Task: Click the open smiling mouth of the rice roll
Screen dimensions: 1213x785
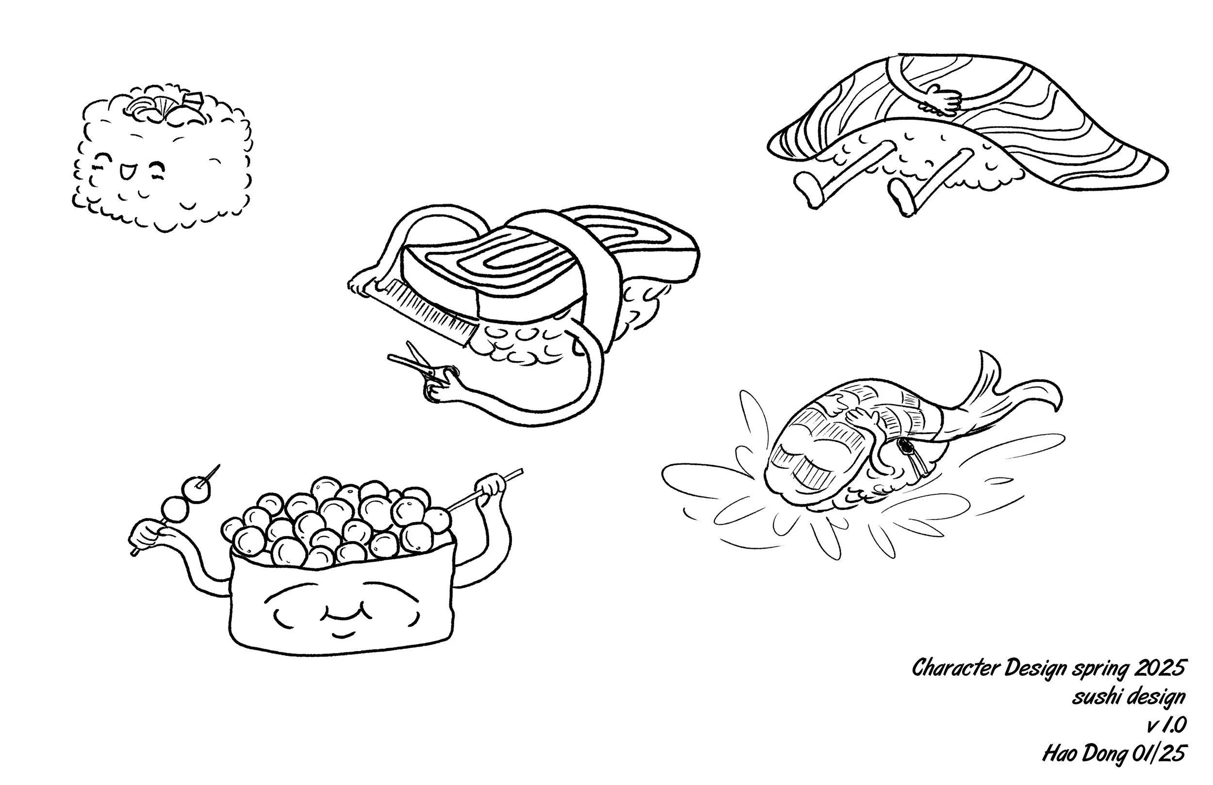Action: pyautogui.click(x=125, y=173)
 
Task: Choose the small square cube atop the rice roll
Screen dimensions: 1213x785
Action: pyautogui.click(x=194, y=99)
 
